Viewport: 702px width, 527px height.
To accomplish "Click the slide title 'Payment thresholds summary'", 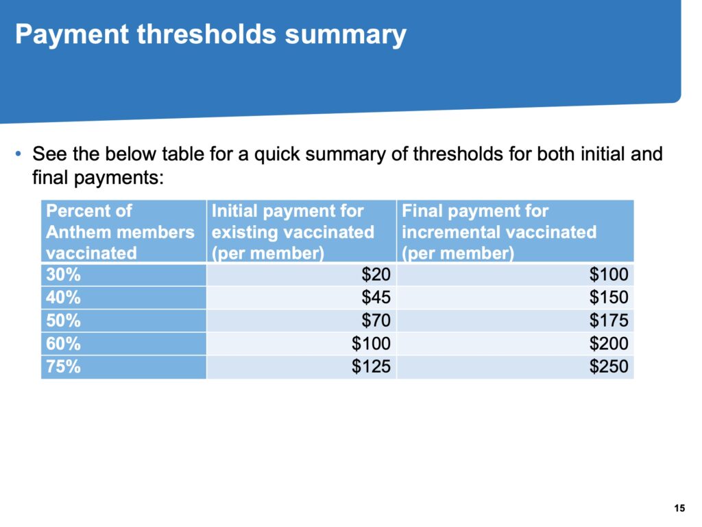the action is point(210,34).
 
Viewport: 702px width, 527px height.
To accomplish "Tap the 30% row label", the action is point(63,274).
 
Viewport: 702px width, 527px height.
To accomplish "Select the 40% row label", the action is point(63,297).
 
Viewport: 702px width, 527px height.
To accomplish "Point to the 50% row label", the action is point(63,320).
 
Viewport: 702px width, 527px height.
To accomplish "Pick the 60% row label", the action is point(63,344).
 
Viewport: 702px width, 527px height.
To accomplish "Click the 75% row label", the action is point(63,366).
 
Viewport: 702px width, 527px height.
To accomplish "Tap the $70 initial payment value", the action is point(376,320).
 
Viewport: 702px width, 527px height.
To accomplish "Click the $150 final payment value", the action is point(609,297).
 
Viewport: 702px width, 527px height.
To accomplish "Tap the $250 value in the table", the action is point(609,366).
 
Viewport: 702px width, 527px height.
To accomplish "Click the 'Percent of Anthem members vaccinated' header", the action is point(120,232).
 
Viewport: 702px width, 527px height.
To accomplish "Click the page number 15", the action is point(679,508).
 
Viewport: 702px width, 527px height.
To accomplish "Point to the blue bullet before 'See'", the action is point(18,154).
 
